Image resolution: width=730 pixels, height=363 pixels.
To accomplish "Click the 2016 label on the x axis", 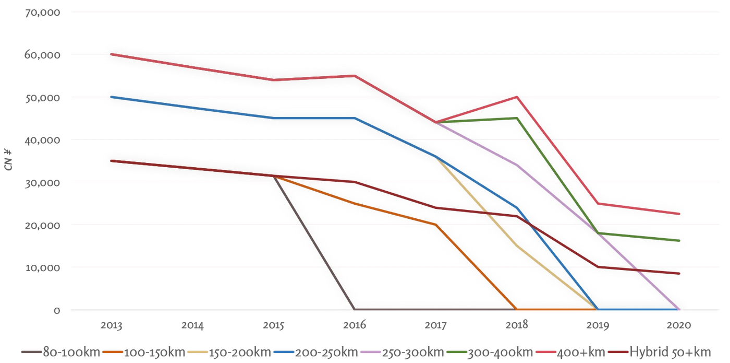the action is [355, 325].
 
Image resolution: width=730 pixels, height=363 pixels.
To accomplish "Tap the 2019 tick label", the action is [598, 325].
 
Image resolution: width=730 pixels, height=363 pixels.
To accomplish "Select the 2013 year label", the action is [111, 325].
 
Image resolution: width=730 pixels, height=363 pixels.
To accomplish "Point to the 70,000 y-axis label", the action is [43, 13].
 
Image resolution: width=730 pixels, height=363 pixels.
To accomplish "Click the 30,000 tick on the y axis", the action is [43, 183].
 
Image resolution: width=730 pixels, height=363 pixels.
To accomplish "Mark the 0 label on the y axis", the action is [57, 310].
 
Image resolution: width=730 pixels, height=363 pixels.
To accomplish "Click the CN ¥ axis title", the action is [8, 160].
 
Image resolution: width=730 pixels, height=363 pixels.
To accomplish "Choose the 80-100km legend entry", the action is [61, 352].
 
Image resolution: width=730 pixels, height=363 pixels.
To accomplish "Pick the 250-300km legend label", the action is [403, 352].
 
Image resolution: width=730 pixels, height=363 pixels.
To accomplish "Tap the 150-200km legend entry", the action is [229, 352].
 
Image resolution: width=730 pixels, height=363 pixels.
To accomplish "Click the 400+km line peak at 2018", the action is [517, 97].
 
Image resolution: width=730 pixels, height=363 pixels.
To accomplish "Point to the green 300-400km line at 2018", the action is [517, 118].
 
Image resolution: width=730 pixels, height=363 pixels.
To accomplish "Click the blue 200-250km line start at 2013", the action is [111, 97].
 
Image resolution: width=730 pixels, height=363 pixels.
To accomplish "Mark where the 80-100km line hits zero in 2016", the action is [355, 309].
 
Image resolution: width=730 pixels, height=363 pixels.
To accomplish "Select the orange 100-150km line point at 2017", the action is [435, 225].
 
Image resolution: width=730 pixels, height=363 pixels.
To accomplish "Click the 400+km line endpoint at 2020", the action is [679, 214].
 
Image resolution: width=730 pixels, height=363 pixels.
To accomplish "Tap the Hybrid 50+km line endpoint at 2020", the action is [679, 274].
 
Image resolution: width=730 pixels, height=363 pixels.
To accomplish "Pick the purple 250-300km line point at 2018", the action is [517, 165].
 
